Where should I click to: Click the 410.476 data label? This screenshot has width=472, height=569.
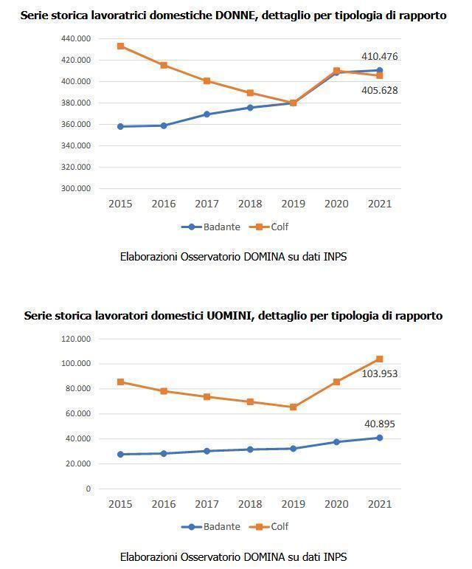click(380, 56)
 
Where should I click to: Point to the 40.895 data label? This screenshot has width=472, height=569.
click(380, 424)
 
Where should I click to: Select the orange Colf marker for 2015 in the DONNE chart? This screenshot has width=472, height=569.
click(120, 46)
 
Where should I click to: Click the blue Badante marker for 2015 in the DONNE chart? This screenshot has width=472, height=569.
click(120, 126)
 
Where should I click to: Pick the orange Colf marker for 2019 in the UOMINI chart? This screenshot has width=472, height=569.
click(294, 407)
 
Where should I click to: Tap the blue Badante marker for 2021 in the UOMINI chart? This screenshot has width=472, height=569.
click(380, 438)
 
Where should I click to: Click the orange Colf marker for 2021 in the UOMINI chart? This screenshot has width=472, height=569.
click(380, 359)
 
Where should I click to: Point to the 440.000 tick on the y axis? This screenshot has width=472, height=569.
click(76, 38)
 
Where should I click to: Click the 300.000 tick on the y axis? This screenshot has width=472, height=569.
click(76, 188)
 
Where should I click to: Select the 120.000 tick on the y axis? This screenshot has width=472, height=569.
click(76, 339)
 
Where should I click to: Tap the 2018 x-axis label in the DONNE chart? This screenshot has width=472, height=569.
click(250, 204)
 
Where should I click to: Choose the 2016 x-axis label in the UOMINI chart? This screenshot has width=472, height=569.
click(163, 503)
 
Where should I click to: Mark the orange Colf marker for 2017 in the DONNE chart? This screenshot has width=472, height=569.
click(206, 81)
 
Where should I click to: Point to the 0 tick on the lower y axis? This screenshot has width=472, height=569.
click(88, 489)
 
